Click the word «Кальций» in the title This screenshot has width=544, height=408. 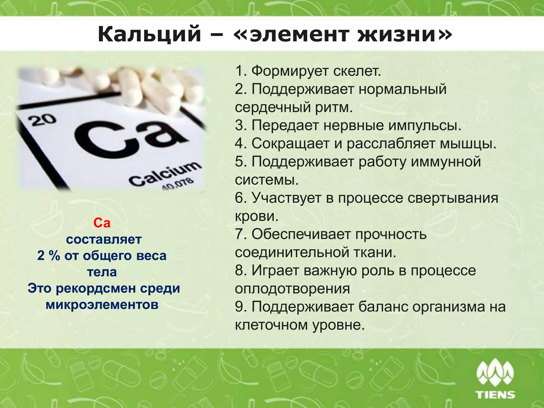(149, 34)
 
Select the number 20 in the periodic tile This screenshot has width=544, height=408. (42, 120)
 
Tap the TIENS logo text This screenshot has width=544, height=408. (496, 394)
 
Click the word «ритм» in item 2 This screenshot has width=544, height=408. (334, 107)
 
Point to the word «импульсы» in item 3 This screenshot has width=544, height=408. (425, 125)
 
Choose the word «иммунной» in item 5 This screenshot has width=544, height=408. (446, 161)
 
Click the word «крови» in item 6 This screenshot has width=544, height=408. (257, 216)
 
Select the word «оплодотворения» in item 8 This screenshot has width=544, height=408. (292, 288)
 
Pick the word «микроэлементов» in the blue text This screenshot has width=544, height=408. (102, 305)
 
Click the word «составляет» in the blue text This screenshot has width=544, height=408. (104, 239)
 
